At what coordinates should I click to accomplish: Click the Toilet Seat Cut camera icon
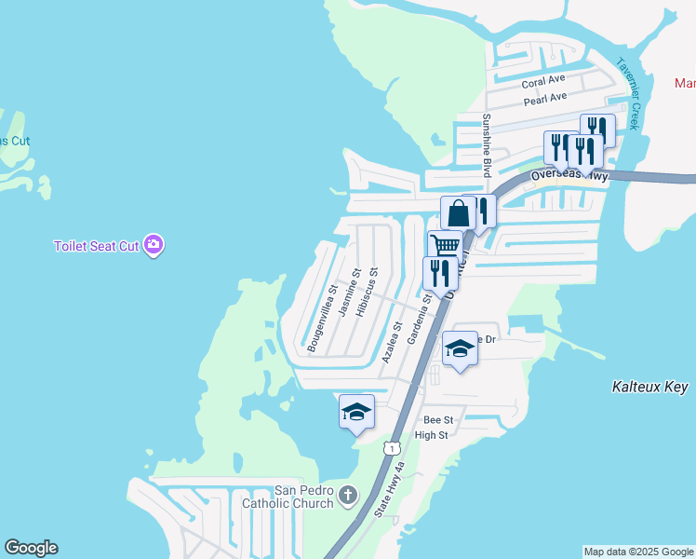[x=154, y=245]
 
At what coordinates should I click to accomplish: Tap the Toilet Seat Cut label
[x=96, y=246]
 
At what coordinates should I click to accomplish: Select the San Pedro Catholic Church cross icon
[x=348, y=494]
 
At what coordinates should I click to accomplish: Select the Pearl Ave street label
[x=545, y=98]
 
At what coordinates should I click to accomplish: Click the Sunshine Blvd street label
[x=486, y=145]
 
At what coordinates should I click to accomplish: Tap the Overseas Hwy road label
[x=569, y=174]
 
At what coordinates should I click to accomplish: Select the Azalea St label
[x=391, y=342]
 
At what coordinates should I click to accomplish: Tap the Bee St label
[x=437, y=421]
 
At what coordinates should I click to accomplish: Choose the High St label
[x=432, y=435]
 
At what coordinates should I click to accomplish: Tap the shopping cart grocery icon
[x=446, y=245]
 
